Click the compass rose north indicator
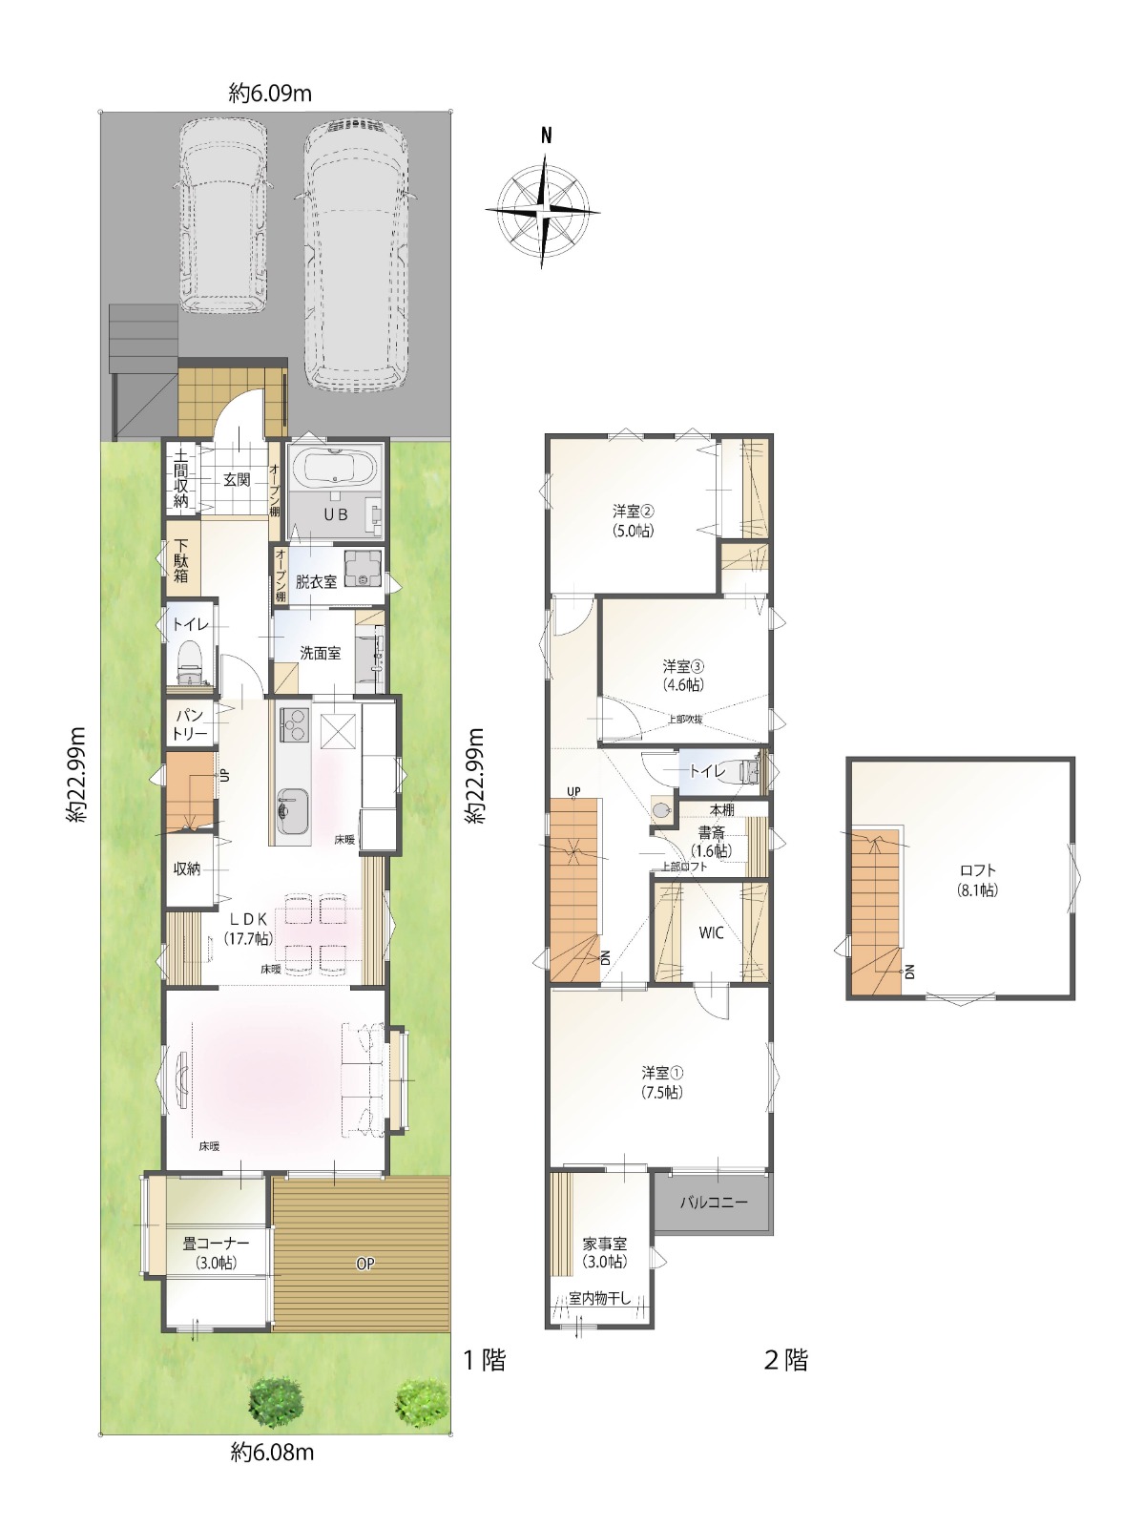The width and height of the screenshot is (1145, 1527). [x=547, y=136]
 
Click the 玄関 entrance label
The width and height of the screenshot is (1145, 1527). [x=237, y=480]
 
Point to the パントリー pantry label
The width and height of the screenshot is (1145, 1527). [x=191, y=724]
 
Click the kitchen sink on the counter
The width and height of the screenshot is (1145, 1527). [x=293, y=811]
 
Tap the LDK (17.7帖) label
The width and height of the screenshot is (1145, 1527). [x=247, y=928]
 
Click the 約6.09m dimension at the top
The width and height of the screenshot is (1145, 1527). [x=270, y=94]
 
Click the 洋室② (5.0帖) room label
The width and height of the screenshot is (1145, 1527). [x=634, y=521]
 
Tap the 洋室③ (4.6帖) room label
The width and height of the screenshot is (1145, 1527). [x=683, y=675]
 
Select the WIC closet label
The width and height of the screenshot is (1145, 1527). [x=711, y=932]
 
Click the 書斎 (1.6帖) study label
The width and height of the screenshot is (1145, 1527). [x=711, y=842]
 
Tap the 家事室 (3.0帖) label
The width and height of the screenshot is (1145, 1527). [x=605, y=1252]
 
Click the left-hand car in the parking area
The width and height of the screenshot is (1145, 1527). [x=223, y=216]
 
